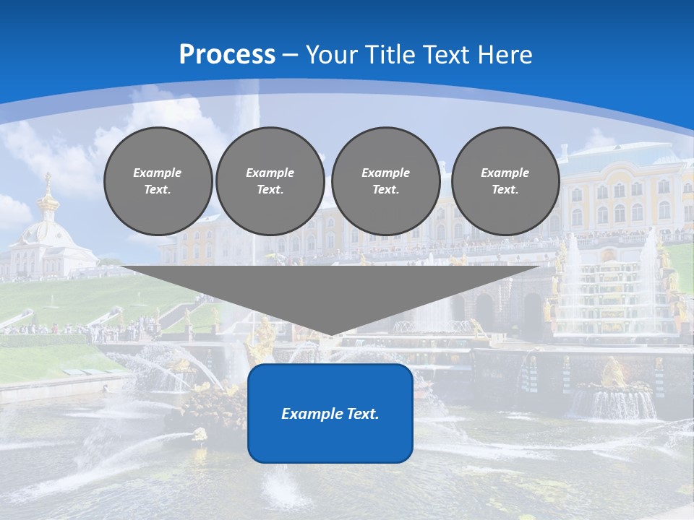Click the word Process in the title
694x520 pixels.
[227, 55]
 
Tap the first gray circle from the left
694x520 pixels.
[158, 181]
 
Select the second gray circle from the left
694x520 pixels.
[270, 181]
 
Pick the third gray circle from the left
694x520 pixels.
[385, 181]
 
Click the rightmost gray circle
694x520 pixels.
[505, 181]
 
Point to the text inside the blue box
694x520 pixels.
[330, 414]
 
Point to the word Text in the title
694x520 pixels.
[449, 55]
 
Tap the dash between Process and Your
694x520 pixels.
[291, 55]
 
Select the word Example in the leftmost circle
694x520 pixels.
[158, 173]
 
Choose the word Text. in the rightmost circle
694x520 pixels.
[505, 190]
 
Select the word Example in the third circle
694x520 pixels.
[385, 173]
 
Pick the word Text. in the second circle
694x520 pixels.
[270, 190]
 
